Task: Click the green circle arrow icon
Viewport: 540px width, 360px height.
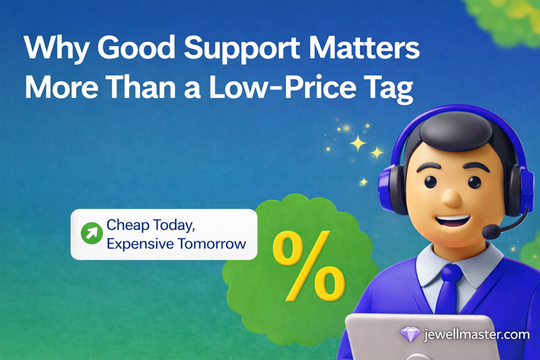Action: (90, 234)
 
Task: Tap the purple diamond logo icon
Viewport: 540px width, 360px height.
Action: (409, 334)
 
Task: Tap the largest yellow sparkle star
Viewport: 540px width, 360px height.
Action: (357, 143)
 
